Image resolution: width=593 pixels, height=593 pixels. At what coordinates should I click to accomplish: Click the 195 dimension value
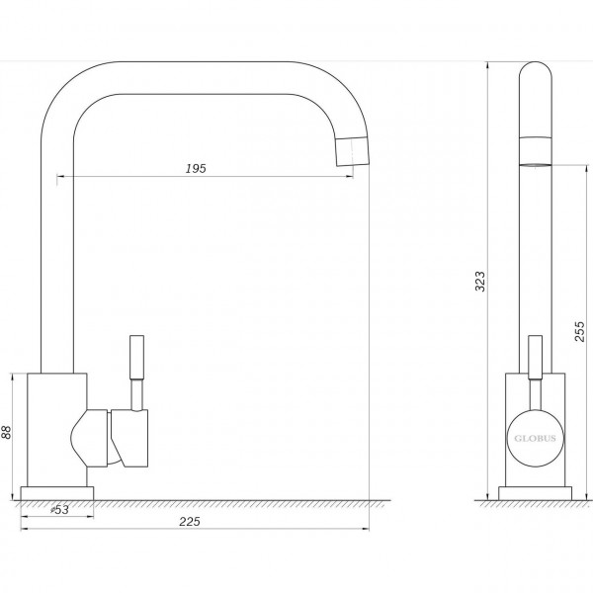tap(195, 169)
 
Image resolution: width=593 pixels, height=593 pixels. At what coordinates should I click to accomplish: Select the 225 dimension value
tap(195, 522)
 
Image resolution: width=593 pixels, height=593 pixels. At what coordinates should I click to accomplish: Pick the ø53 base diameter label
tap(58, 510)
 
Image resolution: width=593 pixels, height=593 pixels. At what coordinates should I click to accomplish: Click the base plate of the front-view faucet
tap(57, 492)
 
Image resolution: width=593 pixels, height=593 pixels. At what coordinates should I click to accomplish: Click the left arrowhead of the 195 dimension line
tap(59, 177)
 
